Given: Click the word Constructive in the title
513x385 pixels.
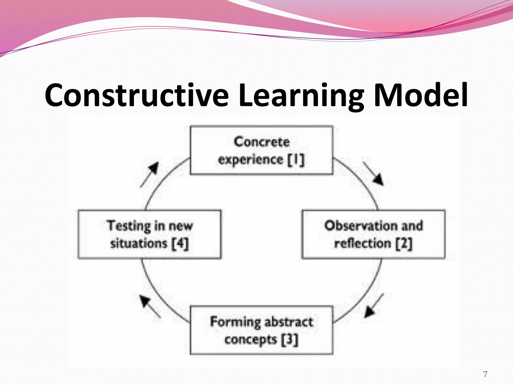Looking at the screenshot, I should pos(137,95).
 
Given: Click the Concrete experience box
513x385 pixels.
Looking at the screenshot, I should pos(262,150).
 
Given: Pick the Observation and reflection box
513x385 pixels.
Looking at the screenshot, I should pos(373,234).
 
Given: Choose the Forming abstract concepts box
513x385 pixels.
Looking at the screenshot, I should pos(262,330).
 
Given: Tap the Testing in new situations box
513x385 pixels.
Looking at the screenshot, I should pos(150,234).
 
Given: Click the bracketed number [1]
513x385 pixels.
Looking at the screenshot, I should pos(296,160).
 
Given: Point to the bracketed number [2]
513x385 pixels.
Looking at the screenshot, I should pos(404,243).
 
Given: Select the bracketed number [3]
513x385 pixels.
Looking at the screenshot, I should pos(290,340).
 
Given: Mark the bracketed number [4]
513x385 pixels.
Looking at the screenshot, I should pos(180,243).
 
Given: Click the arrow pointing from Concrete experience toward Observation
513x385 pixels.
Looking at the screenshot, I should pos(373,174).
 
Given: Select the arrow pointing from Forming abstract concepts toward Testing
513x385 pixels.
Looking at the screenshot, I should pos(150,306).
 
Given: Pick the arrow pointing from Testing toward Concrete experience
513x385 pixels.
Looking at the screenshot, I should pos(150,174).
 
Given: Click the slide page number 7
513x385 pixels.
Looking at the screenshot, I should pos(485,374).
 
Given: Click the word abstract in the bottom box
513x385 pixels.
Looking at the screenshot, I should pos(289,322).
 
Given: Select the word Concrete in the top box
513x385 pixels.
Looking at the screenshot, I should pos(262,142).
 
